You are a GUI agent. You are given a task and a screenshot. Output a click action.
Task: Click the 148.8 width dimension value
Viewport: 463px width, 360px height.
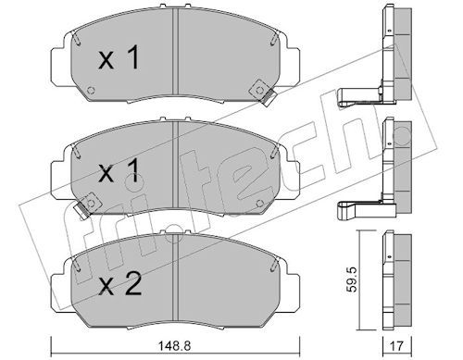pyautogui.click(x=175, y=345)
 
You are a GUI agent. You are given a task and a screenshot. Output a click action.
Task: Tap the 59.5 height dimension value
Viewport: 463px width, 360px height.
pyautogui.click(x=351, y=279)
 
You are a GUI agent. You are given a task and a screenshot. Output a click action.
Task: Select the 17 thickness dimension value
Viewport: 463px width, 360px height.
pyautogui.click(x=396, y=345)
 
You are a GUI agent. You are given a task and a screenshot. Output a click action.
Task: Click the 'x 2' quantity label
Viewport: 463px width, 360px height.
pyautogui.click(x=120, y=285)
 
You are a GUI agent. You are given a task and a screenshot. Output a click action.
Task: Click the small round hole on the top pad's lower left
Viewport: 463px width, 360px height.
pyautogui.click(x=91, y=91)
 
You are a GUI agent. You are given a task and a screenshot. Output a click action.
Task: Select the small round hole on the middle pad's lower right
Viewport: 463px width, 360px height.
pyautogui.click(x=260, y=203)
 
